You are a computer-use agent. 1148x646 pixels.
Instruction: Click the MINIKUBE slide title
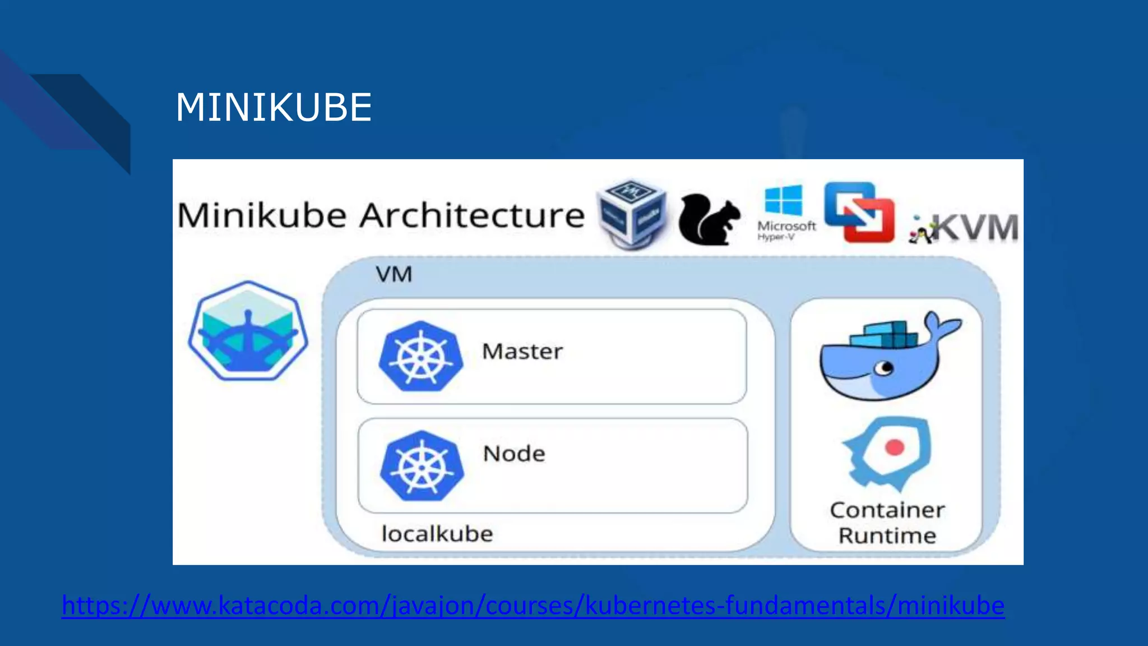[274, 107]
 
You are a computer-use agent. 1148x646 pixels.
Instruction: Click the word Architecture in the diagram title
[472, 215]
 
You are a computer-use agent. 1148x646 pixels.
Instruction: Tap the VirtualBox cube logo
[632, 215]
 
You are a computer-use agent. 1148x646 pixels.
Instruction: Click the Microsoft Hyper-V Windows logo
[784, 201]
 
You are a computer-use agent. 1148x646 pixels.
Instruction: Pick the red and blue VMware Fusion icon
[859, 213]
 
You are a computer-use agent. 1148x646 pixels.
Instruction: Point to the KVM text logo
[975, 228]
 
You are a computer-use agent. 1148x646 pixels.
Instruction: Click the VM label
[394, 275]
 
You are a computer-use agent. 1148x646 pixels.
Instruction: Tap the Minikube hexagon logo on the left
[248, 331]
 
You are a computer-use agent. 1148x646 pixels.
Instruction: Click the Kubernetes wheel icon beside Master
[421, 356]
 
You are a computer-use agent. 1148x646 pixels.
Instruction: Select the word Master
[522, 352]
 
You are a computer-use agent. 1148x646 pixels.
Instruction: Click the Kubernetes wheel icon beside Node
[422, 465]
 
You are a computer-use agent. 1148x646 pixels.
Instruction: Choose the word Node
[514, 454]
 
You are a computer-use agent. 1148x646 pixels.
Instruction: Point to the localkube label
[437, 534]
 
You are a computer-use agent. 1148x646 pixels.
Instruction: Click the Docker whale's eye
[885, 368]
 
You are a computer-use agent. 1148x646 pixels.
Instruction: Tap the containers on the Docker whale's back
[886, 335]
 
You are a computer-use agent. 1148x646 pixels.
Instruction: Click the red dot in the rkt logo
[895, 447]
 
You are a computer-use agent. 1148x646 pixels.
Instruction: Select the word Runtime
[887, 536]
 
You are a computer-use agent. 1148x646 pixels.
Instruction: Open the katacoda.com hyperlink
[533, 606]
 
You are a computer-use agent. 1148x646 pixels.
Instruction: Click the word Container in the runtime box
[887, 510]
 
